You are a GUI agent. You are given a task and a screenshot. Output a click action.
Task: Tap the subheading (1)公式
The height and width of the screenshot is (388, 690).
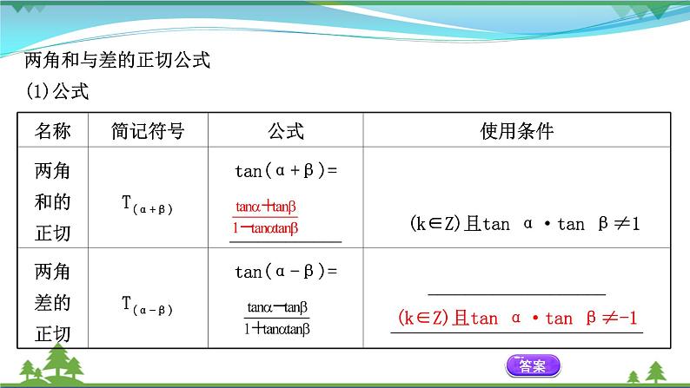(x=58, y=89)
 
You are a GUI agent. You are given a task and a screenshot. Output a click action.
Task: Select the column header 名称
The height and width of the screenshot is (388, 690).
(x=53, y=131)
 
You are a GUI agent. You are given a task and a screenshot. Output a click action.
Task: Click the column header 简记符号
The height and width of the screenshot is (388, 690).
(x=148, y=131)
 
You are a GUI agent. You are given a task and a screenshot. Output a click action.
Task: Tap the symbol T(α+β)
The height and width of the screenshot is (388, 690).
(x=148, y=205)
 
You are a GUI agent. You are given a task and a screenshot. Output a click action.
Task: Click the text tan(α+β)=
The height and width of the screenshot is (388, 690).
(x=285, y=171)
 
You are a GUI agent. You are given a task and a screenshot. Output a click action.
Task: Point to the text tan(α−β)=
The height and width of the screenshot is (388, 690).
(x=285, y=272)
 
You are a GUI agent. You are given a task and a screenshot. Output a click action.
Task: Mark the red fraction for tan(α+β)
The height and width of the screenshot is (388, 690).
(x=267, y=217)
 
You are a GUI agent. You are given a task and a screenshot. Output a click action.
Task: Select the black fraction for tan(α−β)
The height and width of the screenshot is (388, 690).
(x=278, y=318)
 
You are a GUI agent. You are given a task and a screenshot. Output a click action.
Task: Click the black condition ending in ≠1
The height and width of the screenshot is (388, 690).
(x=524, y=224)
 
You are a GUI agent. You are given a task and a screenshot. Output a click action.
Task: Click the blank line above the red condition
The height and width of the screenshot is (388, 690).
(x=517, y=294)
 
